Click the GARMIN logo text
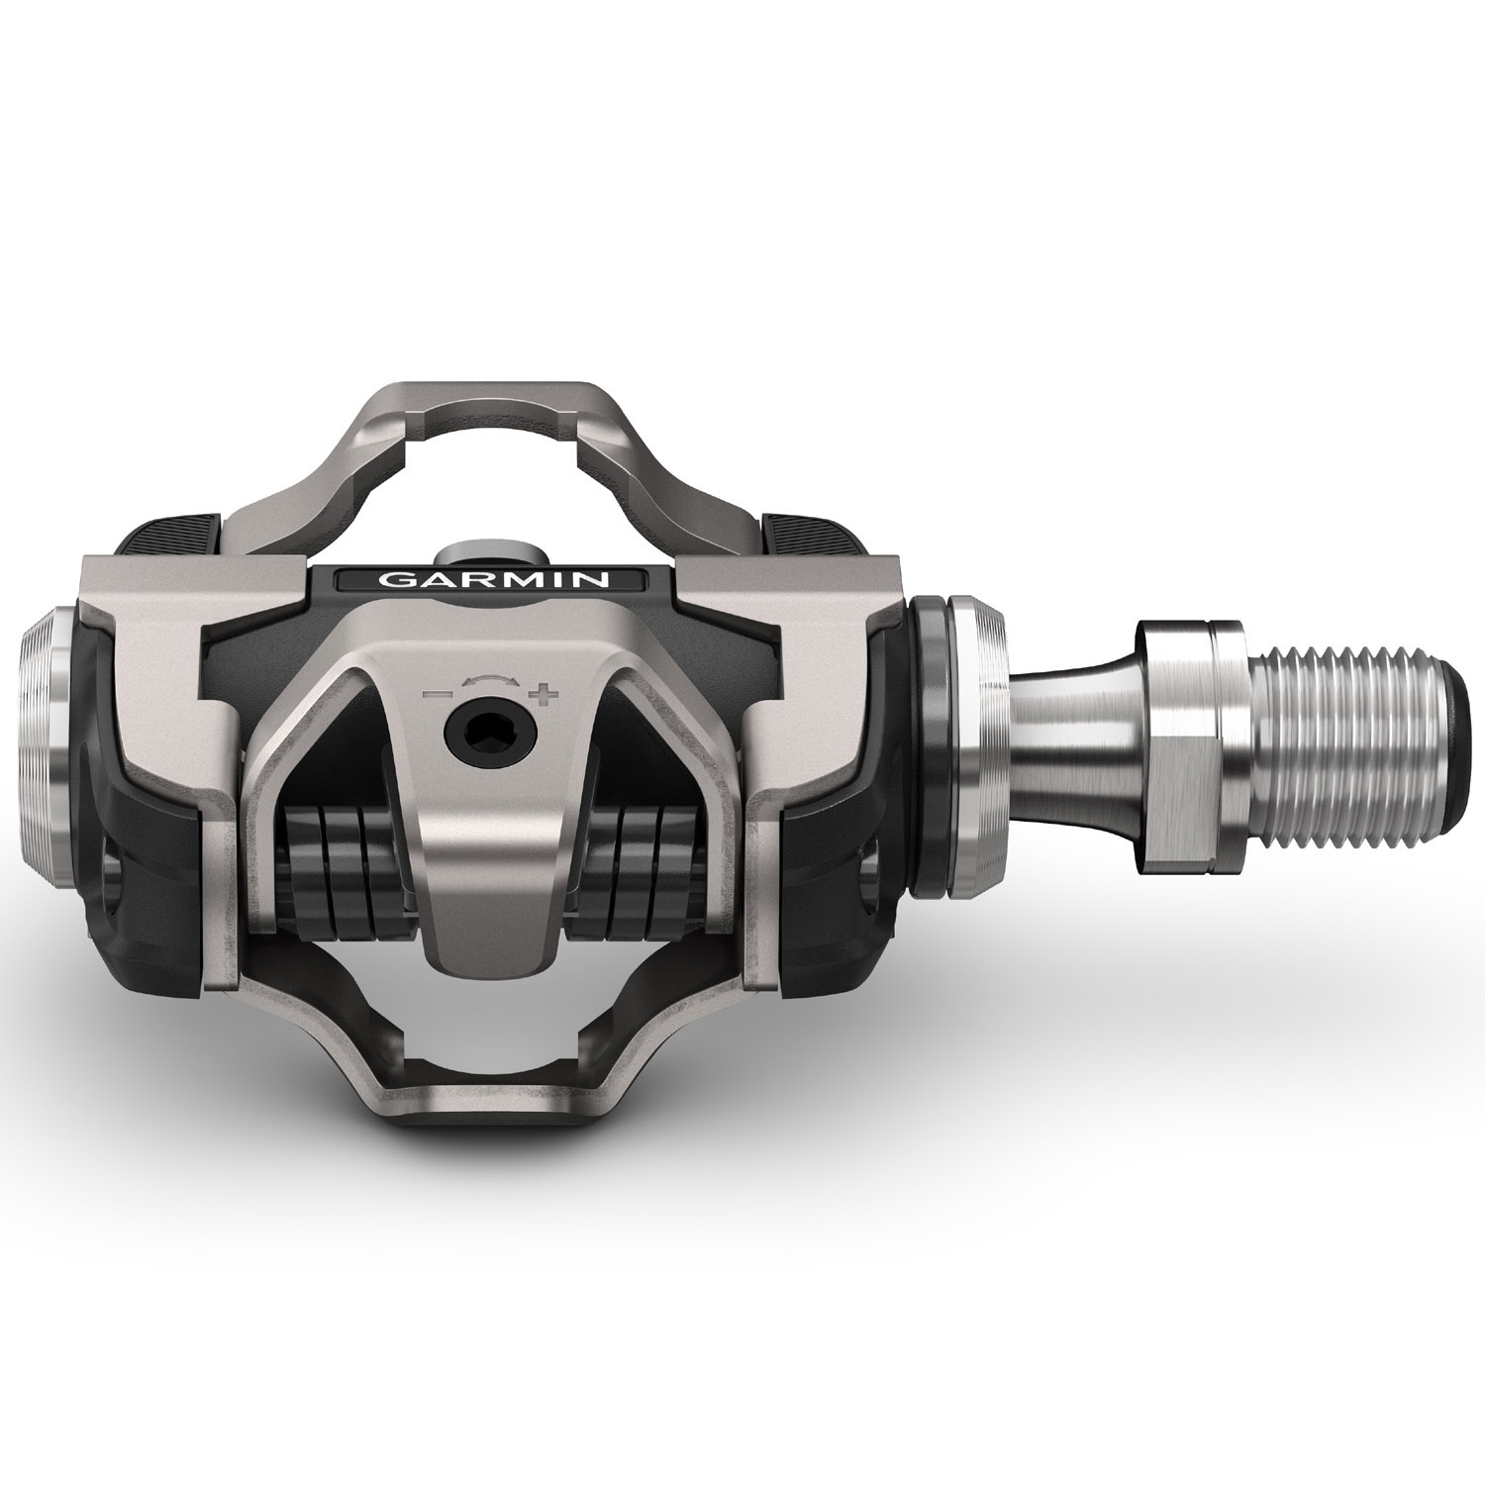pyautogui.click(x=494, y=580)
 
